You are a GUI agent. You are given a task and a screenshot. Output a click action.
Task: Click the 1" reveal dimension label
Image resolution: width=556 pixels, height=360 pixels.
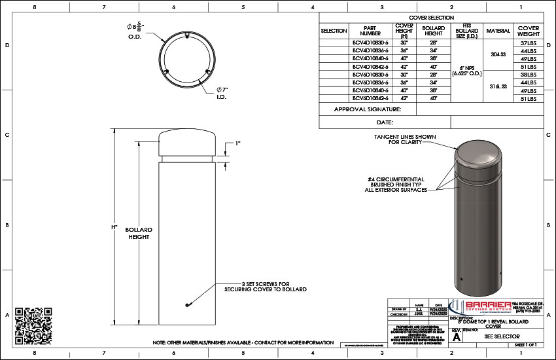click(237, 144)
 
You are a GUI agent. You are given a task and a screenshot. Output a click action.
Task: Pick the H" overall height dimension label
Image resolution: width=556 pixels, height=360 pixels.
click(114, 227)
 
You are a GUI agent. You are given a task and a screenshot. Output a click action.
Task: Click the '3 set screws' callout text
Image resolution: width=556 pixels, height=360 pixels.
click(265, 285)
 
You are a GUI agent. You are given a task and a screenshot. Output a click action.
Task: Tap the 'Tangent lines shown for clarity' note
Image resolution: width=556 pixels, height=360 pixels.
click(405, 139)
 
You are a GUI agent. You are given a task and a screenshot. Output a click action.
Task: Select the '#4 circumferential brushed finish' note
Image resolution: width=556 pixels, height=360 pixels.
click(397, 184)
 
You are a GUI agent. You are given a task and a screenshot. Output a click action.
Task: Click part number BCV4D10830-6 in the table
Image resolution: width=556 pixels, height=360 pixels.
click(370, 43)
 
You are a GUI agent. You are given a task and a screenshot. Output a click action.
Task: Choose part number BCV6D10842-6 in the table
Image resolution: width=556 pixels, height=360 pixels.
click(370, 98)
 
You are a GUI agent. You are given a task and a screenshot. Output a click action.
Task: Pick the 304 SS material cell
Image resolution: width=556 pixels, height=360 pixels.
click(498, 54)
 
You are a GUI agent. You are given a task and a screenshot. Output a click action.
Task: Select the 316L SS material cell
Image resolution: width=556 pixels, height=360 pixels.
click(498, 86)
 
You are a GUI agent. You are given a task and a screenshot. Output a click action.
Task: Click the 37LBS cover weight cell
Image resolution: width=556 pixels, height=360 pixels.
click(528, 43)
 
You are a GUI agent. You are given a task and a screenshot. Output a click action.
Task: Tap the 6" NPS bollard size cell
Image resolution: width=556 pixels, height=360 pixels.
click(467, 71)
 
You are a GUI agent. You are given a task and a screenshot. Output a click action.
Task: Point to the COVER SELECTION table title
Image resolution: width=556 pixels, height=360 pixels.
click(431, 18)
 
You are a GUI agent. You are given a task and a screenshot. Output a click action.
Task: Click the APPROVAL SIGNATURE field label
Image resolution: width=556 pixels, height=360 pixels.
click(366, 110)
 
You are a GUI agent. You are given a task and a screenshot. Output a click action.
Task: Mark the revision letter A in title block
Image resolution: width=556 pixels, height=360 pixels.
click(457, 338)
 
